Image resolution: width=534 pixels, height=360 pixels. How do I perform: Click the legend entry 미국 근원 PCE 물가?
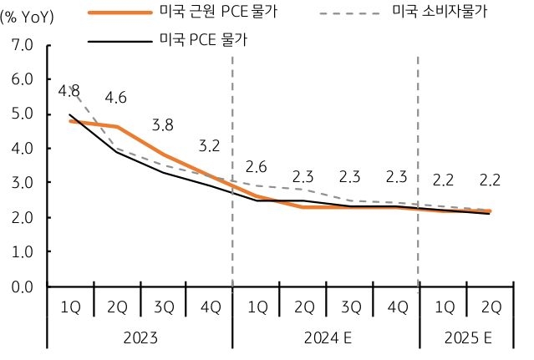pos(226,13)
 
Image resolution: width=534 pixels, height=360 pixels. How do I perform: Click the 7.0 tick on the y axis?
pos(22,45)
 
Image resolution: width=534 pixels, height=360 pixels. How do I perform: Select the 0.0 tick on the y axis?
pos(22,286)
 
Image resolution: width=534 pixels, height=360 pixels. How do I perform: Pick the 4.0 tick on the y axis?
pos(22,149)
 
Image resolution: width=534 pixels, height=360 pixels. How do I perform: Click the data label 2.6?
pos(256,166)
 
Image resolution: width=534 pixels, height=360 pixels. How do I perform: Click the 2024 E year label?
pos(326,338)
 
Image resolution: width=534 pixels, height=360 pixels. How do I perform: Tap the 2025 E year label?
pos(466,338)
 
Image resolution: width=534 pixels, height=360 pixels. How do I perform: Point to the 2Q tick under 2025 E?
pos(490,307)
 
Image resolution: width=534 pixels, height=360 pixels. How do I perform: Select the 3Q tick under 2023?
pos(163,307)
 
